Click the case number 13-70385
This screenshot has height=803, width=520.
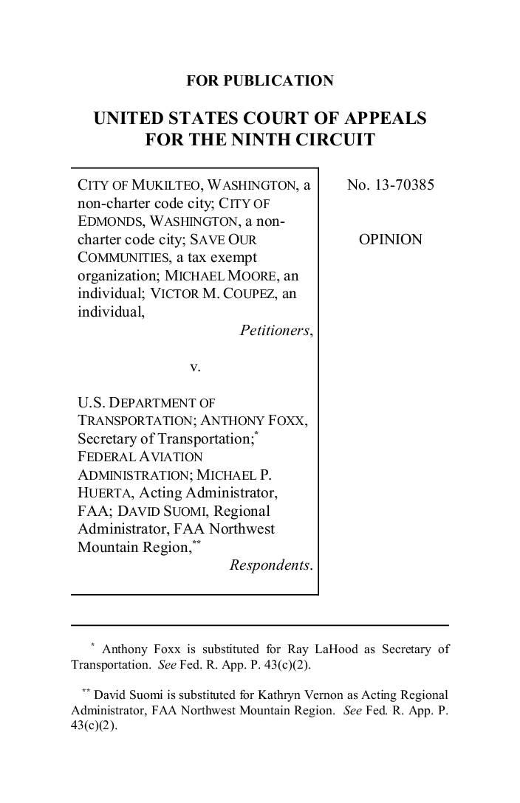point(404,185)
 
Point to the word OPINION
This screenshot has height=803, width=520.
point(391,239)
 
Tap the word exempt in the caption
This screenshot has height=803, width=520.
point(227,258)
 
